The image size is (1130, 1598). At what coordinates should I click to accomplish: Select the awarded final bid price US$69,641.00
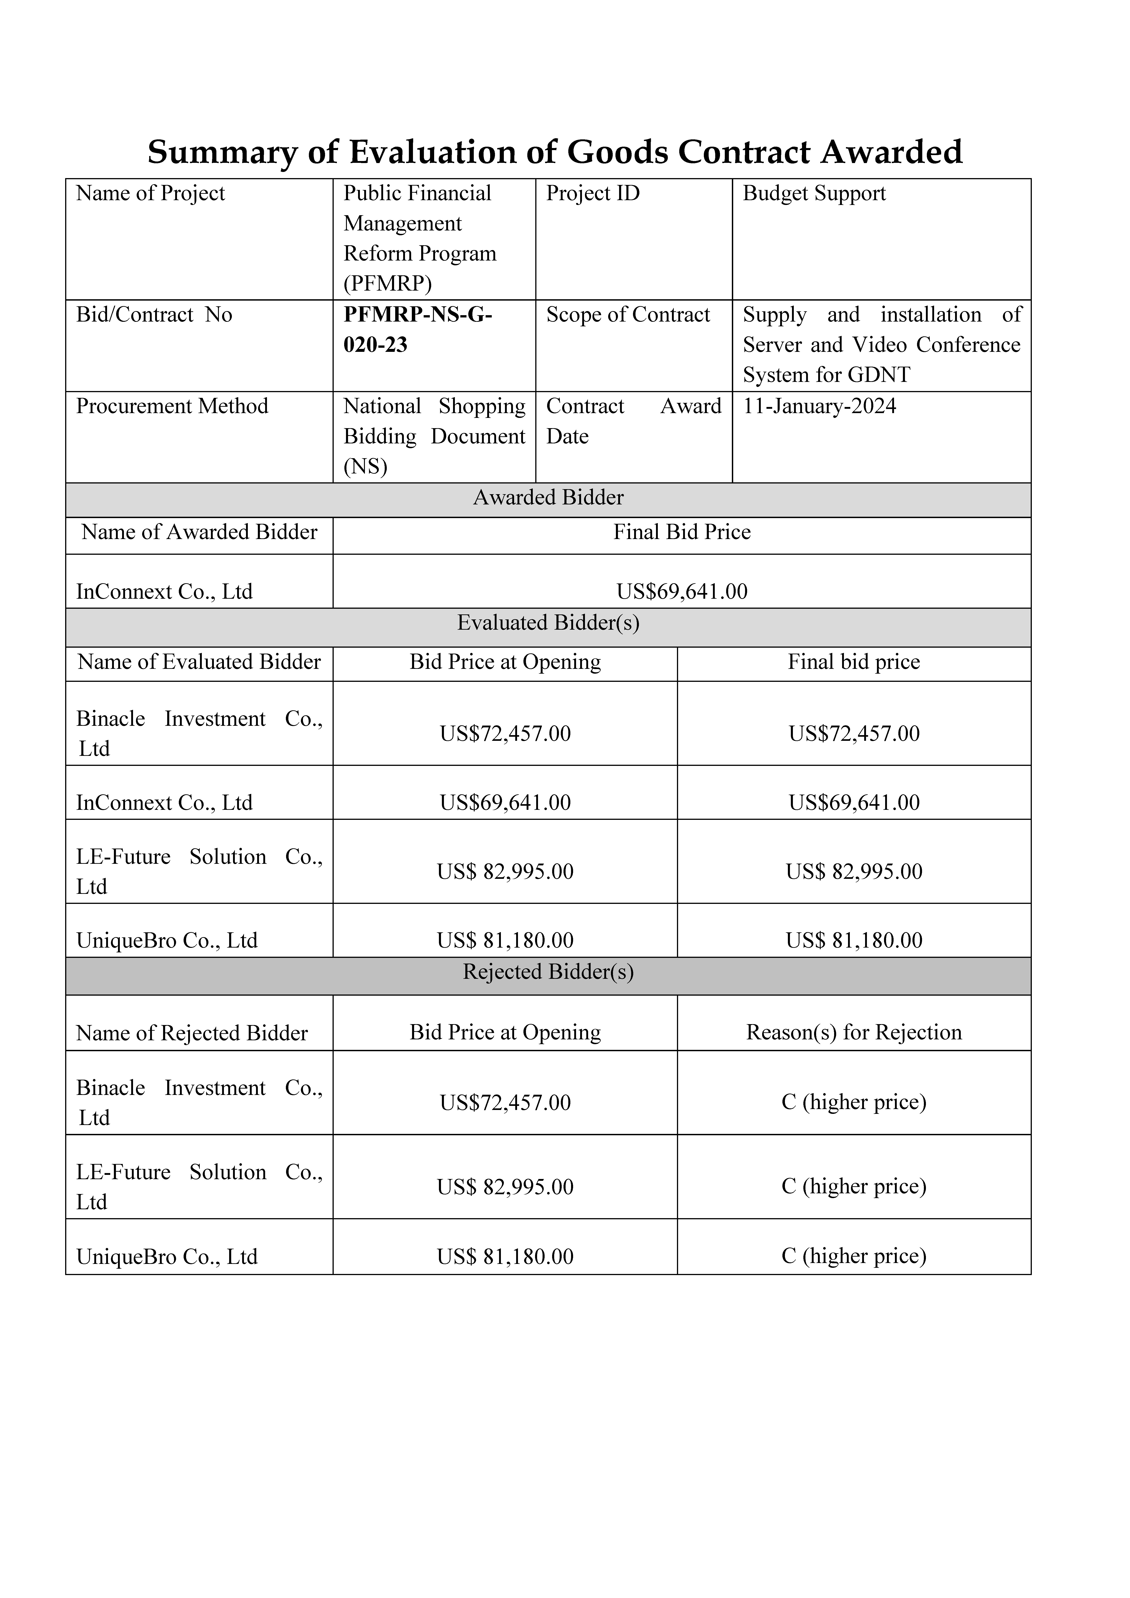click(x=682, y=592)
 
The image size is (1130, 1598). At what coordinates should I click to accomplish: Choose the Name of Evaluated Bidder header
click(x=199, y=662)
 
